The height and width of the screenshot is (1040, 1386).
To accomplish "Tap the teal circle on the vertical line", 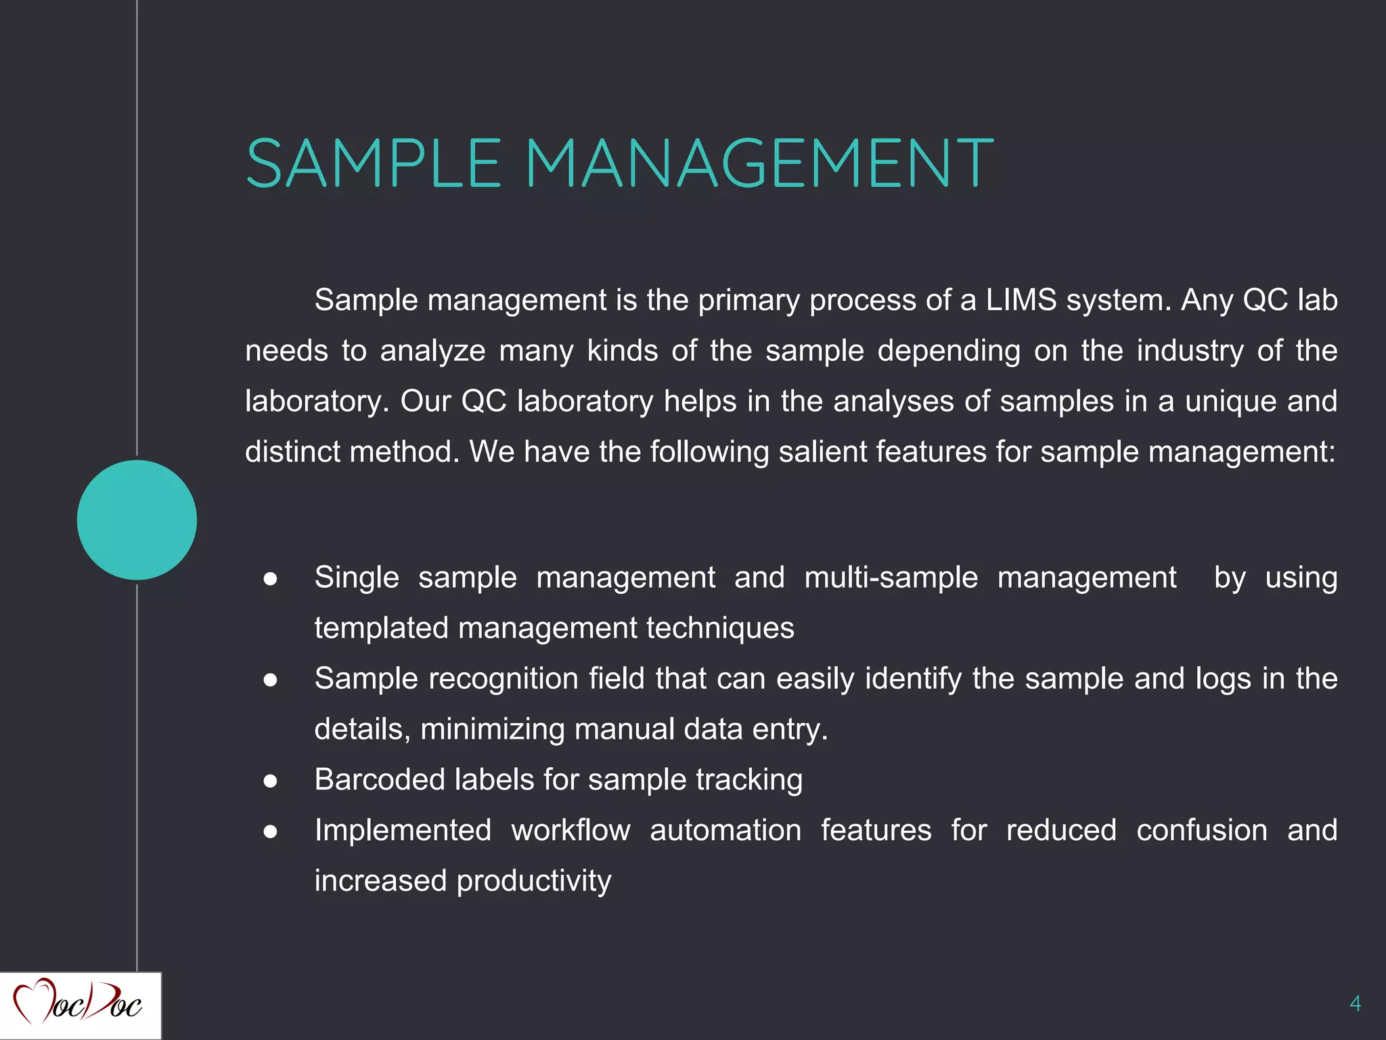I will [x=137, y=520].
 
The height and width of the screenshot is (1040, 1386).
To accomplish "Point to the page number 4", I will [x=1355, y=1003].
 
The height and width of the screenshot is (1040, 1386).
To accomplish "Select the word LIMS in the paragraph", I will [x=1021, y=300].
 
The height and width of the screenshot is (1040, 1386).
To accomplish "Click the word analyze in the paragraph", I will [x=432, y=351].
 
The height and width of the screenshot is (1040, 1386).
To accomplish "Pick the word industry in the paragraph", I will [x=1190, y=351].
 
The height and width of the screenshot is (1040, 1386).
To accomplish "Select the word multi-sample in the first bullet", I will [x=891, y=578].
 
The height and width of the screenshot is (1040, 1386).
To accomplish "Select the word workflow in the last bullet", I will [x=571, y=830].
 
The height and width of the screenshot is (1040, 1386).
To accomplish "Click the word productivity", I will [x=534, y=881].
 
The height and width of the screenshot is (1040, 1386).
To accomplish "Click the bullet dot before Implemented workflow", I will [x=271, y=831].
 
